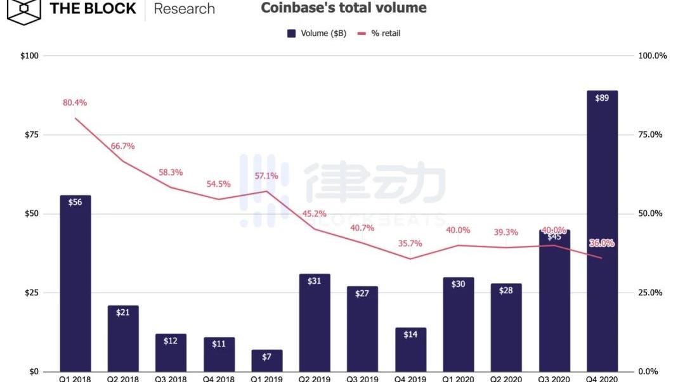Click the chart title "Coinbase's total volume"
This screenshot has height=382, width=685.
pyautogui.click(x=343, y=8)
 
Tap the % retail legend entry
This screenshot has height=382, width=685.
pyautogui.click(x=379, y=33)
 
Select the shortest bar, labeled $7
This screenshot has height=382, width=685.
pyautogui.click(x=267, y=360)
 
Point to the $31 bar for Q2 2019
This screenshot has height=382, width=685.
pyautogui.click(x=315, y=323)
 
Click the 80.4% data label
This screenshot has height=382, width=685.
pyautogui.click(x=75, y=103)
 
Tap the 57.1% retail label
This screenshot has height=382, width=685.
pyautogui.click(x=267, y=176)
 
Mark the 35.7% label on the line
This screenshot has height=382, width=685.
pyautogui.click(x=410, y=243)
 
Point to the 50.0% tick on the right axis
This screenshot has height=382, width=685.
pyautogui.click(x=649, y=213)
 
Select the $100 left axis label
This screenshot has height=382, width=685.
pyautogui.click(x=29, y=56)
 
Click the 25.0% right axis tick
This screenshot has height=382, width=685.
pyautogui.click(x=649, y=293)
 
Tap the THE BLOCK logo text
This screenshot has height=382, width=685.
pyautogui.click(x=93, y=9)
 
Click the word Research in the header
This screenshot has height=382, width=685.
pyautogui.click(x=184, y=9)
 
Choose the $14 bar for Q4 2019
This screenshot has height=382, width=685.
pyautogui.click(x=410, y=350)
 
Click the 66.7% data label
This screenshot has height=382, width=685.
pyautogui.click(x=122, y=146)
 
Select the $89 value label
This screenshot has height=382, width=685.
pyautogui.click(x=601, y=98)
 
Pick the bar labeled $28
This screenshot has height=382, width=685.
pyautogui.click(x=506, y=328)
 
